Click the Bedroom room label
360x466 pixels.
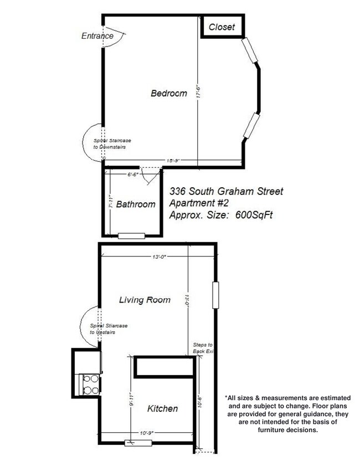pyautogui.click(x=169, y=94)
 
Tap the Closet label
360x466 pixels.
pyautogui.click(x=222, y=27)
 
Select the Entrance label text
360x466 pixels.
pyautogui.click(x=97, y=37)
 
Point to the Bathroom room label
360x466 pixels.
pyautogui.click(x=136, y=204)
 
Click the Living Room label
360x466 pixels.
pyautogui.click(x=145, y=300)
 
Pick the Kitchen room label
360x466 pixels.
pyautogui.click(x=162, y=409)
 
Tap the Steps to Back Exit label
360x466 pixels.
pyautogui.click(x=203, y=348)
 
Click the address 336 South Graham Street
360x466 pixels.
pyautogui.click(x=226, y=192)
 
